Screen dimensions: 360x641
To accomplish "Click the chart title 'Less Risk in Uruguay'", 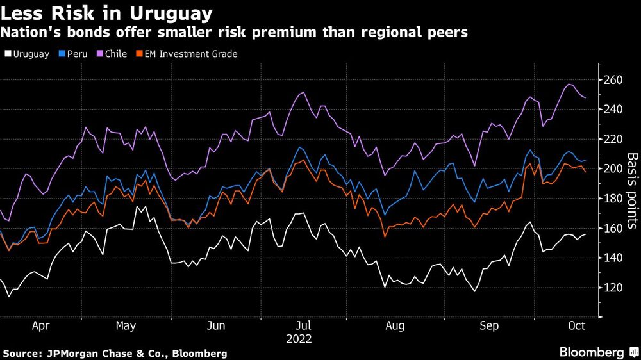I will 108,12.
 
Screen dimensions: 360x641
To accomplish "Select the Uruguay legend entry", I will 27,54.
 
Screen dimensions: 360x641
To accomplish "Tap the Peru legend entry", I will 74,54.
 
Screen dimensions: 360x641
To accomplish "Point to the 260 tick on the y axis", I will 613,80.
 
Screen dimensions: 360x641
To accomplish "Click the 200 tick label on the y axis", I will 613,169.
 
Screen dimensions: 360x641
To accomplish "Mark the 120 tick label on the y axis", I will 613,288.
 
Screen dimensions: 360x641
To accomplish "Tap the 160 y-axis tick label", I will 613,229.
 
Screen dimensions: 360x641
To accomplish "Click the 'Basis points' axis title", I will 631,190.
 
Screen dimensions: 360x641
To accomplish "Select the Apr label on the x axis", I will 40,326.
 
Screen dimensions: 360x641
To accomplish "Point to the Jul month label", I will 305,326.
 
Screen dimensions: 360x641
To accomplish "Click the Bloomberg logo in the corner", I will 592,352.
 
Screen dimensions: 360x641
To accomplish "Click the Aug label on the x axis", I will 395,326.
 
